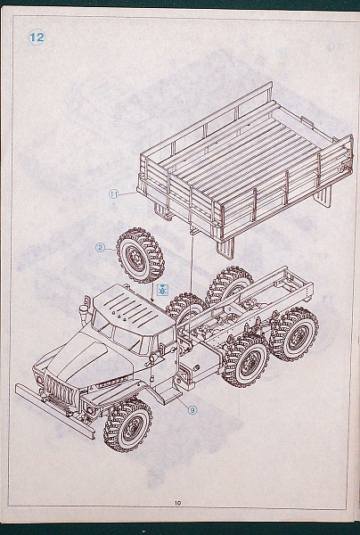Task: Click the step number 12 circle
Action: click(x=37, y=37)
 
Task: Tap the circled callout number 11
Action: click(x=114, y=194)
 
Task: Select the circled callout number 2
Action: click(x=100, y=247)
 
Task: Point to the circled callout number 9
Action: click(x=192, y=410)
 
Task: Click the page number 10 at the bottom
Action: click(x=177, y=503)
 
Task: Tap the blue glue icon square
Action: click(x=163, y=289)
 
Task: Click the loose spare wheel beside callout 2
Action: click(x=141, y=255)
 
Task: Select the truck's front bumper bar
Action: click(x=54, y=410)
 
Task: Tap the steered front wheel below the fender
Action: click(x=128, y=424)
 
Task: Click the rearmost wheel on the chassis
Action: click(x=294, y=334)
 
